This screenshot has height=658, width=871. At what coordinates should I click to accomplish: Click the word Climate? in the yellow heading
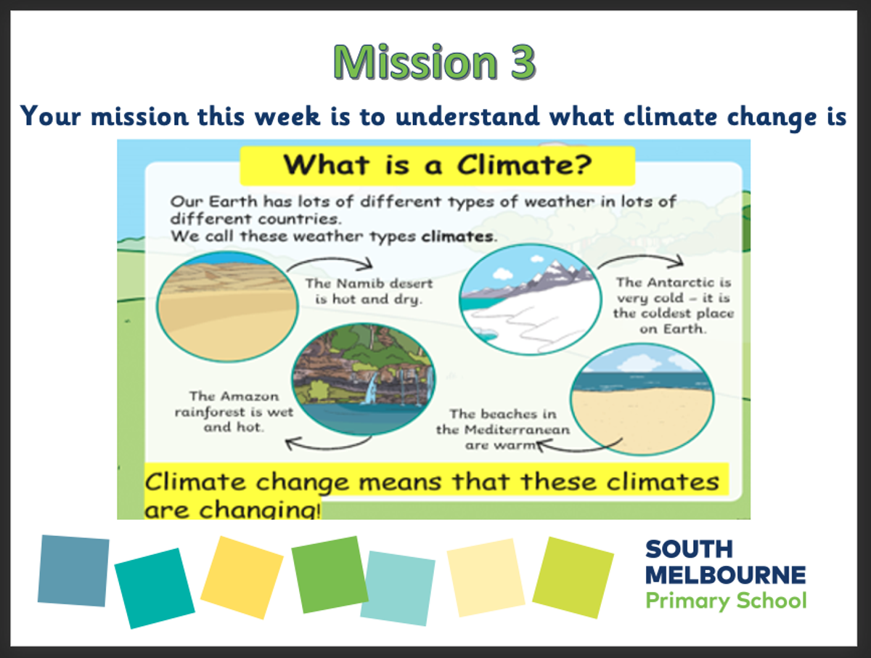(x=524, y=165)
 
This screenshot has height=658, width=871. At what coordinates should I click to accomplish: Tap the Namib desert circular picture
(x=227, y=306)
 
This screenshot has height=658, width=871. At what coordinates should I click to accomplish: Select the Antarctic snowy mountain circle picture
(x=531, y=299)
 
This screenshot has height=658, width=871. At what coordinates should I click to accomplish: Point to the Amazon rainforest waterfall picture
(x=364, y=379)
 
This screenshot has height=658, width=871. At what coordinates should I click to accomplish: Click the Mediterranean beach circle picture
(x=642, y=399)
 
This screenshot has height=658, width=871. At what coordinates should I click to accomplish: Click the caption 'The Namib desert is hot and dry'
(x=369, y=291)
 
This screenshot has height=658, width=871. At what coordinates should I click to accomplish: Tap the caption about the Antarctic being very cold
(x=674, y=306)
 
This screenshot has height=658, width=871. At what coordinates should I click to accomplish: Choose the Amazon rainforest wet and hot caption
(x=234, y=412)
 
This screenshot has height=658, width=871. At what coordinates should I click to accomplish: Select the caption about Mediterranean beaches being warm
(x=503, y=429)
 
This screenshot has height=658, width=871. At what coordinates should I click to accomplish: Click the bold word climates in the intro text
(x=457, y=237)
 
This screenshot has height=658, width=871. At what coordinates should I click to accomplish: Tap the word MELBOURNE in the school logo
(x=725, y=575)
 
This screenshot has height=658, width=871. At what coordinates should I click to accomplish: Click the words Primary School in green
(x=726, y=601)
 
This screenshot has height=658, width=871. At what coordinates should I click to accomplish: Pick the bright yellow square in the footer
(x=242, y=577)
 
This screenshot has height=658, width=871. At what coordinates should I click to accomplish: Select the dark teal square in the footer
(x=155, y=588)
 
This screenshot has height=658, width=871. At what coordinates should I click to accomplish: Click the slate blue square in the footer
(x=73, y=571)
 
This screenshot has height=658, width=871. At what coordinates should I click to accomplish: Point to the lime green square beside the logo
(x=573, y=577)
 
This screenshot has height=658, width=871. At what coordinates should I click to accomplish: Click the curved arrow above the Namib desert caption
(x=330, y=260)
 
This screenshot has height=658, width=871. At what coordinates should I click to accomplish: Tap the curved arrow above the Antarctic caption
(x=641, y=257)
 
